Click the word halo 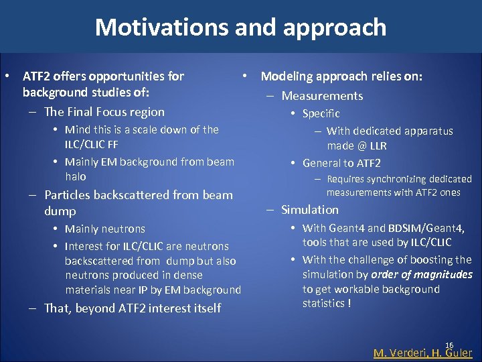[x=76, y=176]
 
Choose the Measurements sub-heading [x=322, y=96]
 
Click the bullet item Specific [x=321, y=114]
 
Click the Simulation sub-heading [x=310, y=210]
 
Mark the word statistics [x=324, y=304]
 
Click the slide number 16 [x=449, y=345]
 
